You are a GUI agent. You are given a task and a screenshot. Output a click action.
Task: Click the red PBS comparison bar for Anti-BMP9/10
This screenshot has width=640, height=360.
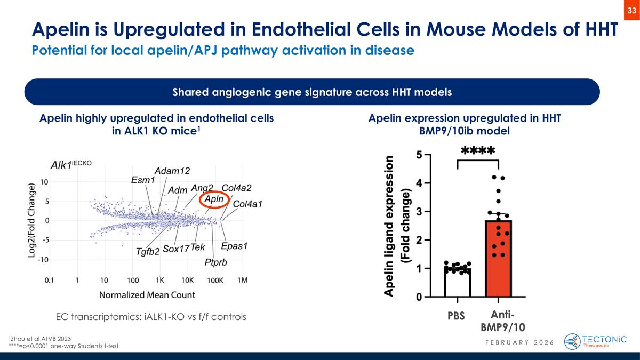[499, 259]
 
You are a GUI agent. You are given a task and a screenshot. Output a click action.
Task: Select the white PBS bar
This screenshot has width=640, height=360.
[458, 283]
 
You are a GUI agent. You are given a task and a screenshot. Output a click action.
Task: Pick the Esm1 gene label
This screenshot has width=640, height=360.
[143, 180]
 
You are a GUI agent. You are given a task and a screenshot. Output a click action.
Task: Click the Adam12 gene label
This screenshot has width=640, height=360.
[172, 171]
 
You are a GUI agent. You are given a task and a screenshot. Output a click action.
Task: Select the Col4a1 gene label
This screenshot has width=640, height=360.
[248, 204]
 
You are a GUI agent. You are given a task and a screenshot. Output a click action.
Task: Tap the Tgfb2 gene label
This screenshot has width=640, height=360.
[148, 251]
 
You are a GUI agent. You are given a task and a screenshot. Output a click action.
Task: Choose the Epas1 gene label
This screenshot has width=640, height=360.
[235, 247]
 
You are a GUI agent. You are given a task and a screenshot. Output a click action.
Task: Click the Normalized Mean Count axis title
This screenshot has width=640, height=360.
[147, 294]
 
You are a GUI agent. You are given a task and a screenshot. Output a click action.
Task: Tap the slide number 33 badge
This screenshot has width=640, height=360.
[632, 9]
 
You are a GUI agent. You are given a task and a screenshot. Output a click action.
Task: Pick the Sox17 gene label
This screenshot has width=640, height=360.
[176, 249]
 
